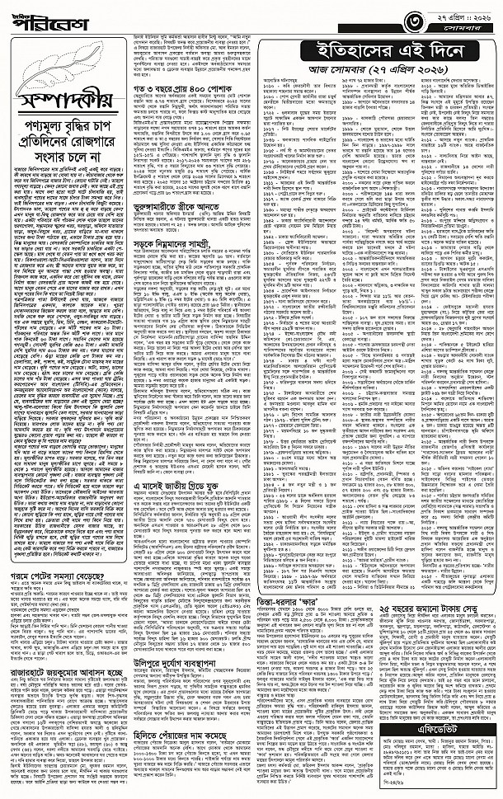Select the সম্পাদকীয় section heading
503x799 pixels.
(x=67, y=102)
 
